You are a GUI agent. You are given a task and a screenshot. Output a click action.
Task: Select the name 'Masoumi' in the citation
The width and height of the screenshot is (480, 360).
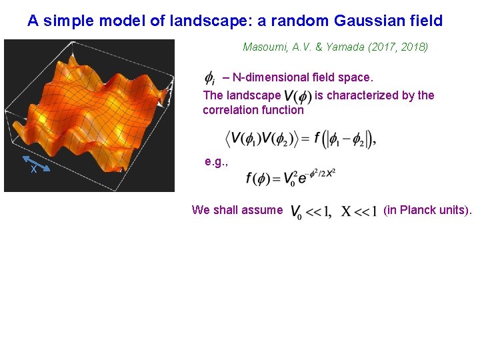click(264, 47)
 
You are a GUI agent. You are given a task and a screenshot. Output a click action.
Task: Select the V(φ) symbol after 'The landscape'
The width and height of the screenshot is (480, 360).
click(297, 96)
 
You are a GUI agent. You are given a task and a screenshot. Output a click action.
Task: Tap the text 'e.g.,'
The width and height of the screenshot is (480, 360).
click(217, 162)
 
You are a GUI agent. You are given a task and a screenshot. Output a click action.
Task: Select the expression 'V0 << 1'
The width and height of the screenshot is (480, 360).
click(311, 211)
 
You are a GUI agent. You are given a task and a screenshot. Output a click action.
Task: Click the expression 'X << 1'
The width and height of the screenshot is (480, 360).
click(359, 211)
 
